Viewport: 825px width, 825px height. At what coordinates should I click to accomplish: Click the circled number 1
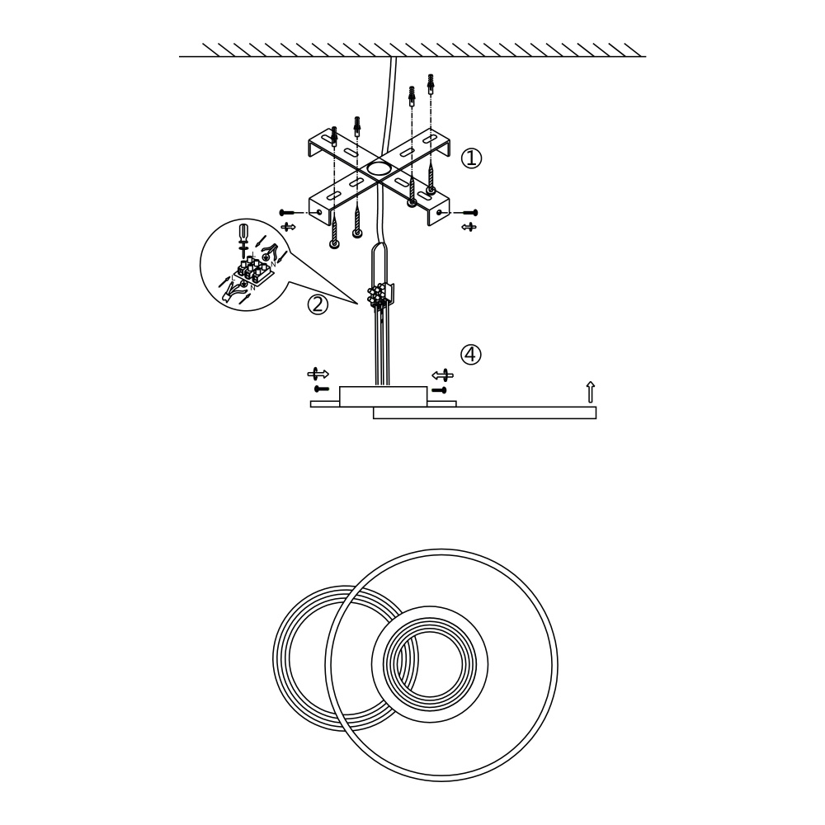pyautogui.click(x=471, y=158)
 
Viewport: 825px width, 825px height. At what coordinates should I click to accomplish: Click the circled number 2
pyautogui.click(x=318, y=304)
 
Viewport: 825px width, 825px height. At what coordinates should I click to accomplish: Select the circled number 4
pyautogui.click(x=470, y=355)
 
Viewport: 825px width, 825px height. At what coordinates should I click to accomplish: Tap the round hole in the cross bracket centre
pyautogui.click(x=379, y=169)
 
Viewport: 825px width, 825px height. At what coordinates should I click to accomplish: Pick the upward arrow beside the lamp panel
pyautogui.click(x=590, y=392)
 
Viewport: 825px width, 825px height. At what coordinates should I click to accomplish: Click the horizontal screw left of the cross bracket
pyautogui.click(x=288, y=213)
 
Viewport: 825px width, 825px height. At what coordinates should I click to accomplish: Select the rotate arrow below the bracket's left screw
pyautogui.click(x=288, y=226)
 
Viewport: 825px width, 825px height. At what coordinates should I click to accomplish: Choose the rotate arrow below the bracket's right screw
pyautogui.click(x=469, y=226)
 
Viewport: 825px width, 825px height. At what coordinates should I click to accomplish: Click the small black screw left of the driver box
pyautogui.click(x=322, y=389)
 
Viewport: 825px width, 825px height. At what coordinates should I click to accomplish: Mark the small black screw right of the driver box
pyautogui.click(x=439, y=389)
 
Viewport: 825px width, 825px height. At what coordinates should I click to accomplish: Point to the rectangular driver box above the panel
pyautogui.click(x=384, y=396)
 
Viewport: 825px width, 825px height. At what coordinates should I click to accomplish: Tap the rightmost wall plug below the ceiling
pyautogui.click(x=431, y=83)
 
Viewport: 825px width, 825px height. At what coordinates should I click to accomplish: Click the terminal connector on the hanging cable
pyautogui.click(x=380, y=295)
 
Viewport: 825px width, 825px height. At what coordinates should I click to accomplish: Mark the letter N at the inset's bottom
pyautogui.click(x=253, y=287)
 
